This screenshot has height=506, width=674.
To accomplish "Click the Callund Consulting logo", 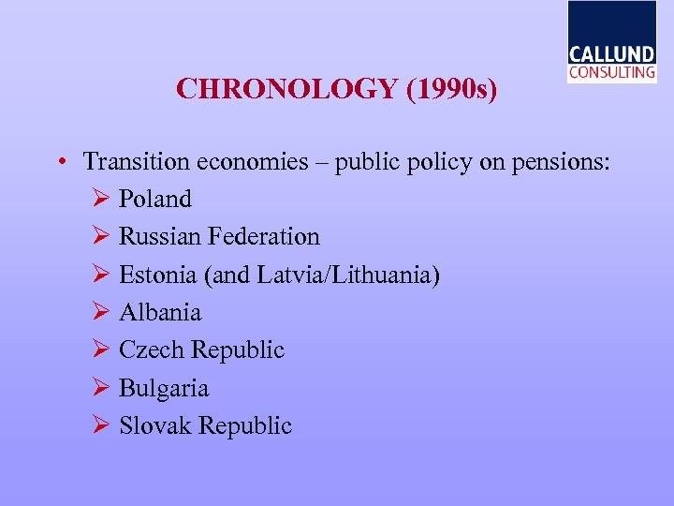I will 611,43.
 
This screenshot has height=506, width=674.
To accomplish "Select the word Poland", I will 155,199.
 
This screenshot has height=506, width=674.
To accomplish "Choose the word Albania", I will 160,312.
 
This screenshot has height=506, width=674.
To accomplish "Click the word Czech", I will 152,350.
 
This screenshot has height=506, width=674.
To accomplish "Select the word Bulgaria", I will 164,388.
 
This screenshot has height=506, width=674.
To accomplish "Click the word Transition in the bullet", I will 136,162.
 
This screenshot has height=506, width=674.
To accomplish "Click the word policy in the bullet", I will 432,162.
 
